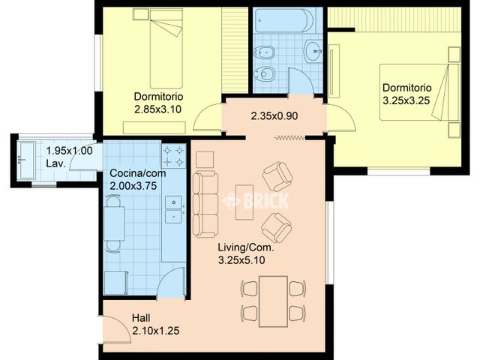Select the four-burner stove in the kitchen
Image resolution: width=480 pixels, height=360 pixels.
click(173, 156)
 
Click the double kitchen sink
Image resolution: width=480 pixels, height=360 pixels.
click(173, 210)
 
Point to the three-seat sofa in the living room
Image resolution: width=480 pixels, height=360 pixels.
click(205, 205)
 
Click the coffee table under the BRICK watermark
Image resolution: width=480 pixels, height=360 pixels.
click(244, 202)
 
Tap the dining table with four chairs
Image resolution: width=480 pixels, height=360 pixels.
click(273, 301)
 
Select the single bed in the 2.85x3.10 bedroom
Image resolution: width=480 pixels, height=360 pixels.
click(166, 49)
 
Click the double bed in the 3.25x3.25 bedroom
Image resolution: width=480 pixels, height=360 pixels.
click(420, 92)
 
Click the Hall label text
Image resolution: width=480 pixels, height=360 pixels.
click(141, 318)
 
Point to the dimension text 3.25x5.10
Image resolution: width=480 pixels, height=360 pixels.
click(241, 260)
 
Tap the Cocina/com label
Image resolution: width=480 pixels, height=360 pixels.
click(138, 173)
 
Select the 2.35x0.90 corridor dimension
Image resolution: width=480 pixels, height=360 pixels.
click(274, 116)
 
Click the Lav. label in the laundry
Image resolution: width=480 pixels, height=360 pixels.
click(56, 163)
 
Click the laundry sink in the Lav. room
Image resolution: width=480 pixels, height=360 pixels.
click(25, 160)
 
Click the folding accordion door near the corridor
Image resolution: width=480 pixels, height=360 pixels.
click(289, 138)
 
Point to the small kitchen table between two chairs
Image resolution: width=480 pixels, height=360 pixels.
click(114, 223)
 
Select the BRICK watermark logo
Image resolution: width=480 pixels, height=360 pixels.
click(256, 201)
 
